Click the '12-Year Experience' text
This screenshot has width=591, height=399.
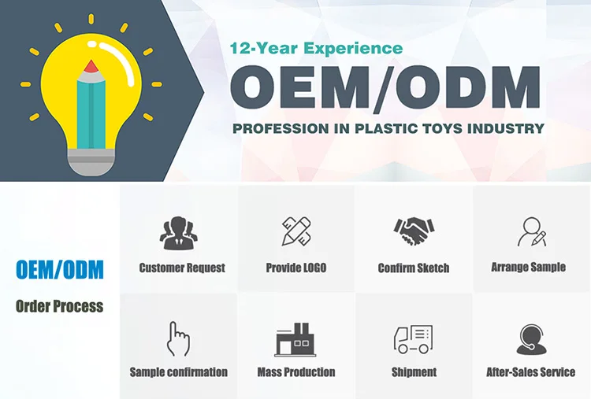(316, 49)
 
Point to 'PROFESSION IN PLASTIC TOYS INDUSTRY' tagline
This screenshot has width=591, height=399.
(388, 128)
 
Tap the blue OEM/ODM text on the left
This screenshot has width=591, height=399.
(60, 270)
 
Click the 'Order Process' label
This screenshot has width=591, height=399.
(60, 305)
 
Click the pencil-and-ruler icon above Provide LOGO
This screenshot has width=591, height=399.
(296, 231)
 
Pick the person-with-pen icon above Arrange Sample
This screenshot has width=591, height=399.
(530, 231)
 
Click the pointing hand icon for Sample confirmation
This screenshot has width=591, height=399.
(178, 338)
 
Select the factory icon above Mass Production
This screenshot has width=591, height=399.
(295, 338)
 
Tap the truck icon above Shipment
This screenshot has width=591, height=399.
(413, 339)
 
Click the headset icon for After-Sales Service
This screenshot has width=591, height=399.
(530, 339)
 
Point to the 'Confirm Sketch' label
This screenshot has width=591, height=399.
(414, 268)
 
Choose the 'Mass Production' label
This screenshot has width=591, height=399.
(296, 372)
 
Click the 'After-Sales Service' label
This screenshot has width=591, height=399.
(530, 372)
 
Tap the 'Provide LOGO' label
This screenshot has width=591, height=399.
(296, 268)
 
